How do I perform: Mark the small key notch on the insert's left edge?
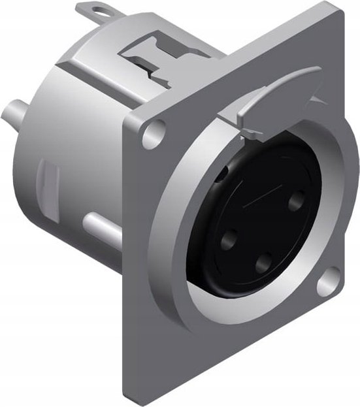click(221, 171)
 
